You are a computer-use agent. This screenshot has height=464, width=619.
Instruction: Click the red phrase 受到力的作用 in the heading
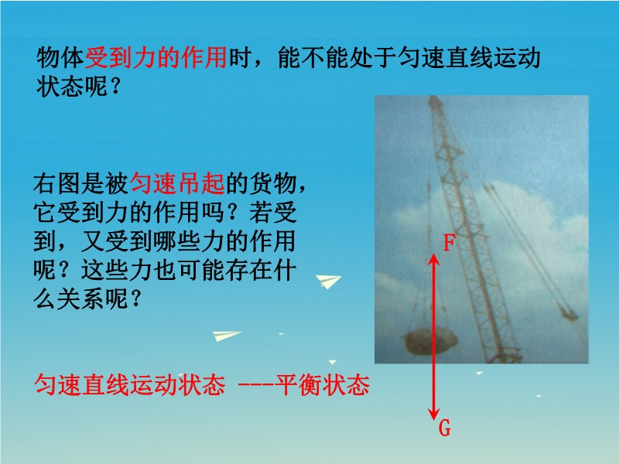[x=156, y=57]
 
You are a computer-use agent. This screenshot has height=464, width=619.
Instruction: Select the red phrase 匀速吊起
[x=177, y=183]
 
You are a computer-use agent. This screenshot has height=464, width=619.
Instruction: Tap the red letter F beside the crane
[x=449, y=243]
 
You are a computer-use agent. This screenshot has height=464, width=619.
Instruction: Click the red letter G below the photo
[x=445, y=428]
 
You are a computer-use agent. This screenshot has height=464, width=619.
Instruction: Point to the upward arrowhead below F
[x=434, y=258]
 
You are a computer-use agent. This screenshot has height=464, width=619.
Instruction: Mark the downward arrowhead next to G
[x=434, y=415]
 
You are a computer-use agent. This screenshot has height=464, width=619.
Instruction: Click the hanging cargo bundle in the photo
[x=429, y=341]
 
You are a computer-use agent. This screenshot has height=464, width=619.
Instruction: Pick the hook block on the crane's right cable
[x=569, y=314]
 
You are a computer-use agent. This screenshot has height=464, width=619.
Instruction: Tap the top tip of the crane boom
[x=434, y=97]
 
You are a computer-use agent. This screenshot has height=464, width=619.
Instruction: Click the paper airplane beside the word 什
[x=328, y=281]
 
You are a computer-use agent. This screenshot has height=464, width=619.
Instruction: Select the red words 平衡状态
[x=323, y=384]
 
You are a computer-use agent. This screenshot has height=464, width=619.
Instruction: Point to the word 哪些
[x=177, y=241]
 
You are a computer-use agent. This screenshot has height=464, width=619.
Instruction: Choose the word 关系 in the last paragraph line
[x=81, y=299]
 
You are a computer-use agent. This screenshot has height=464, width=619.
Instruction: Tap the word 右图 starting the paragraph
[x=56, y=183]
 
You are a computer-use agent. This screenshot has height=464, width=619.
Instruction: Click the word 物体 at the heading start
[x=61, y=57]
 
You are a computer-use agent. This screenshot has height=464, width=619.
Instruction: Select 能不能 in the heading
[x=314, y=57]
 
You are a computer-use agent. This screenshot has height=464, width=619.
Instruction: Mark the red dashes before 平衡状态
[x=257, y=385]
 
